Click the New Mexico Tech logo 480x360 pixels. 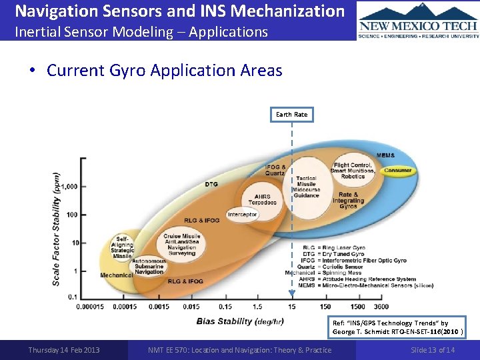(x=418, y=20)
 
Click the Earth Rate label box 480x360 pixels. (x=292, y=115)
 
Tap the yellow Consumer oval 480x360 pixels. (x=397, y=171)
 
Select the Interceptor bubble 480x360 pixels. (x=242, y=215)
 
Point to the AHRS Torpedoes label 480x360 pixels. (x=261, y=199)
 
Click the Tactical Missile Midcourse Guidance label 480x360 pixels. (x=306, y=187)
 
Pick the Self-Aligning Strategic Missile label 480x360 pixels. (x=123, y=247)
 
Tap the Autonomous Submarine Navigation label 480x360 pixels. (x=149, y=267)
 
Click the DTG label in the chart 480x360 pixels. (x=211, y=183)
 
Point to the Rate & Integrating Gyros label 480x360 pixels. (x=348, y=201)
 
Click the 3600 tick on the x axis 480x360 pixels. (x=381, y=307)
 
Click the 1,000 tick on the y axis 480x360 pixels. (x=69, y=186)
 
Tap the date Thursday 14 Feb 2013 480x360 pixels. (x=64, y=350)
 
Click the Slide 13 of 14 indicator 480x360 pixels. (x=433, y=350)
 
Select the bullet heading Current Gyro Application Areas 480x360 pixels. (x=164, y=71)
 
